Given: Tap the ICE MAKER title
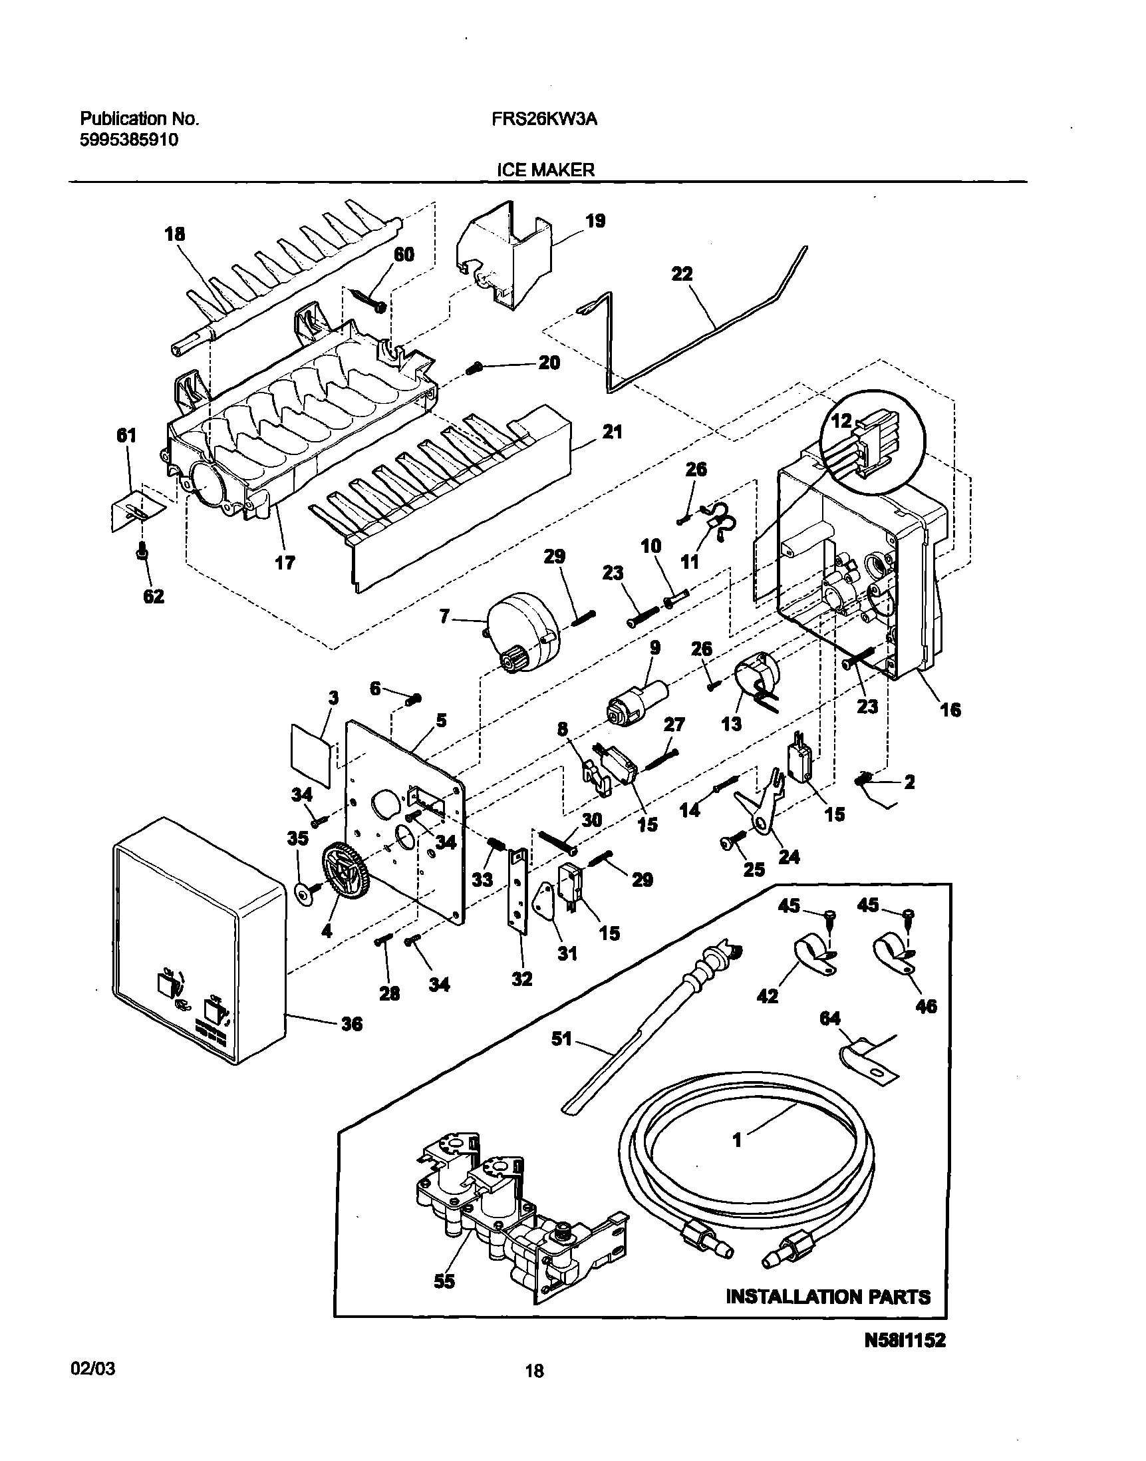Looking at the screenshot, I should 545,170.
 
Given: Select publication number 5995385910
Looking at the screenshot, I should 130,140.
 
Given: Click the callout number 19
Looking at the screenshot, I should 595,221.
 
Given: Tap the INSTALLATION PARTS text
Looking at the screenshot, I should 828,1297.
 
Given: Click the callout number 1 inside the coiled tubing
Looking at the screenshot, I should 737,1140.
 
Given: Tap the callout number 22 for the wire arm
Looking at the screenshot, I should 682,274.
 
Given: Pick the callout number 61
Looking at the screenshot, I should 126,436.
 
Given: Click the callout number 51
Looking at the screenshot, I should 561,1039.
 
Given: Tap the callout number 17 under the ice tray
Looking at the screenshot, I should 285,562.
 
